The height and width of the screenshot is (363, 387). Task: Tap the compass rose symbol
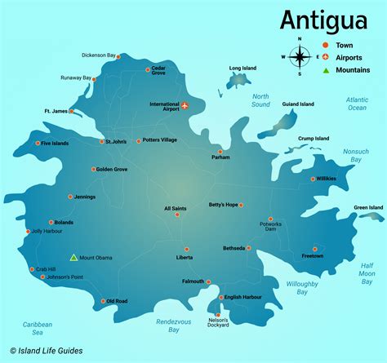(x=300, y=56)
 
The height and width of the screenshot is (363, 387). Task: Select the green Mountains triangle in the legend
(x=327, y=70)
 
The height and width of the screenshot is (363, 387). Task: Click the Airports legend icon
(x=327, y=57)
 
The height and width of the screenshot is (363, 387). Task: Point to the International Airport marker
(x=185, y=106)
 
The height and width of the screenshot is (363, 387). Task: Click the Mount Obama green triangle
(x=73, y=258)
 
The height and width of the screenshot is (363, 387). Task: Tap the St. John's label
(x=117, y=142)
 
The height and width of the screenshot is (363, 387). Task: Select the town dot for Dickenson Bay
(x=118, y=57)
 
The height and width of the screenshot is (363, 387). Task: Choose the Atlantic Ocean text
(x=357, y=104)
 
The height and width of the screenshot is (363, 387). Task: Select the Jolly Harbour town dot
(x=29, y=231)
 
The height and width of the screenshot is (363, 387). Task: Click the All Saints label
(x=176, y=209)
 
